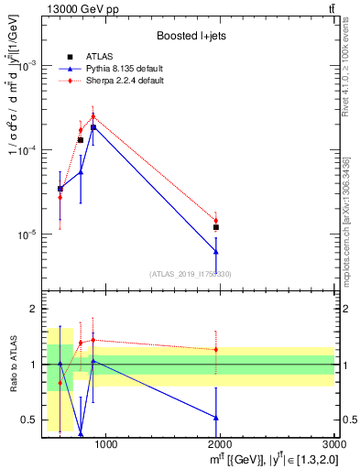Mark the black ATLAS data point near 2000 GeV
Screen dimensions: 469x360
pyautogui.click(x=216, y=227)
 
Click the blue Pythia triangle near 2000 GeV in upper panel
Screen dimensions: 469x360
pyautogui.click(x=216, y=250)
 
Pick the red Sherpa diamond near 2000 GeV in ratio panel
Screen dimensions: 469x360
pyautogui.click(x=216, y=349)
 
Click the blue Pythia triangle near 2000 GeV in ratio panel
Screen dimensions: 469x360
pyautogui.click(x=216, y=418)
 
